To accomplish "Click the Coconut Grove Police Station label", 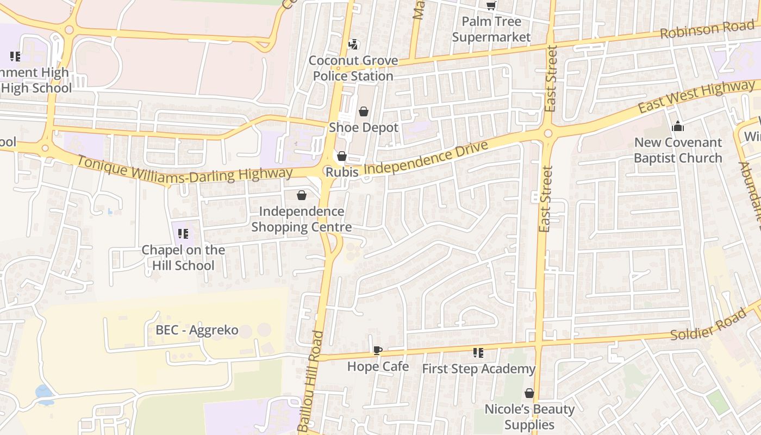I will tap(353, 68).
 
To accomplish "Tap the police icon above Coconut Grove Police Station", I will tap(353, 44).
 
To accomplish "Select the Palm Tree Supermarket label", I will tap(491, 29).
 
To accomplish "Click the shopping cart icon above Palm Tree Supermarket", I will tap(491, 5).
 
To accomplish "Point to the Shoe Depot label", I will tap(364, 128).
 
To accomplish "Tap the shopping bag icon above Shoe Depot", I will tap(364, 111).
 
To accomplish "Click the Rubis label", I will tap(342, 172).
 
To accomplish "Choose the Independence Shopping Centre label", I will tap(302, 219).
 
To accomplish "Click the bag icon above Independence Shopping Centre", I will tap(302, 195).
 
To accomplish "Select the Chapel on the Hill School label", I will tap(183, 258).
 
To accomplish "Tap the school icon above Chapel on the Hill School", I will tap(183, 234).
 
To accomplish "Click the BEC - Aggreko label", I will tap(197, 330).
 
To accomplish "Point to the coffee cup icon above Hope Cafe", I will tap(378, 350).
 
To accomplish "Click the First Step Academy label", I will tap(478, 369).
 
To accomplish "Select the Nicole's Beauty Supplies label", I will tap(529, 417).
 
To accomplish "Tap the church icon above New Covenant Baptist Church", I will tap(678, 126).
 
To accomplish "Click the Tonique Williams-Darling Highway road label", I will tap(185, 169).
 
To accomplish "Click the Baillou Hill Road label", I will tap(311, 381).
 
